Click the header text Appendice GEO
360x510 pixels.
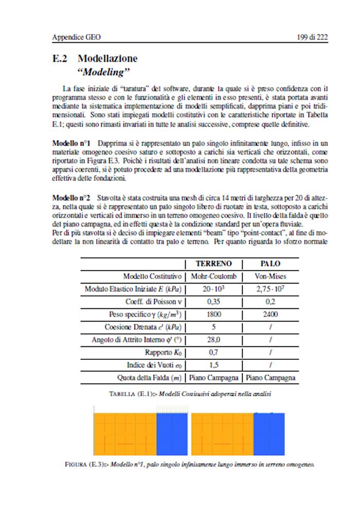[77, 37]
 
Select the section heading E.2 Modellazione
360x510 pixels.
[95, 59]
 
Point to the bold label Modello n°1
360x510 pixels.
[73, 142]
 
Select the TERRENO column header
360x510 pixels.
[213, 263]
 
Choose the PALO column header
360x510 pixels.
[271, 263]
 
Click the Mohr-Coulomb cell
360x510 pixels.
[213, 276]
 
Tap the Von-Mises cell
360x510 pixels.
[271, 276]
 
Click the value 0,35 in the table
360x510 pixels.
[213, 302]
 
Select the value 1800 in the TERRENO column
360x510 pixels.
[213, 314]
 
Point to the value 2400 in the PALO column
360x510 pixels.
[271, 314]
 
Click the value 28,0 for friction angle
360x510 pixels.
[213, 340]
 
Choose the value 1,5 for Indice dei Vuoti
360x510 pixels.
[213, 365]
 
